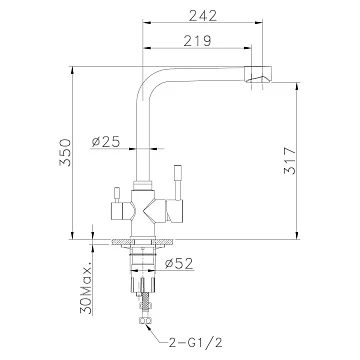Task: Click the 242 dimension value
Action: point(203,15)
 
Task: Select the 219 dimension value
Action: point(197,41)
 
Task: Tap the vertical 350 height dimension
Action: point(65,153)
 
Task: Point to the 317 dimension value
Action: point(290,160)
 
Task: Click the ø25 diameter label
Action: point(106,142)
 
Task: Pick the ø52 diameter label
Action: point(179,264)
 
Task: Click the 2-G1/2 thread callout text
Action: point(196,342)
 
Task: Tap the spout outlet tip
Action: point(258,74)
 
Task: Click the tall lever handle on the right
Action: point(177,183)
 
